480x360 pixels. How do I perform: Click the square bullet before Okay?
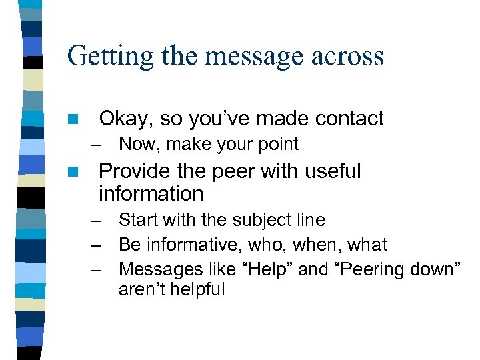pyautogui.click(x=73, y=119)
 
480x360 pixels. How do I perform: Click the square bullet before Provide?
pyautogui.click(x=73, y=171)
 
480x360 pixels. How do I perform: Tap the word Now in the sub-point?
pyautogui.click(x=135, y=144)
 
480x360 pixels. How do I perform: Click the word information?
pyautogui.click(x=151, y=194)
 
